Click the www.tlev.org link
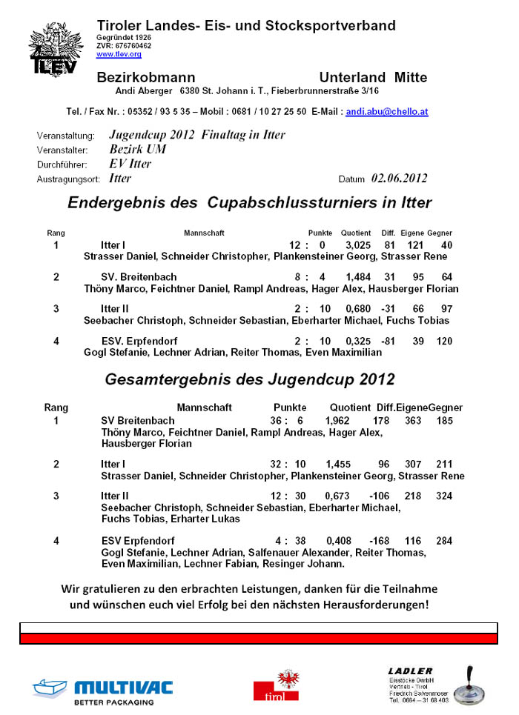[x=119, y=54]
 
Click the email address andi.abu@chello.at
[x=387, y=112]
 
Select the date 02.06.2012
[x=400, y=179]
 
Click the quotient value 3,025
[x=358, y=245]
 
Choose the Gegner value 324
[x=444, y=495]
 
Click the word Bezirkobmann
[x=146, y=78]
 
